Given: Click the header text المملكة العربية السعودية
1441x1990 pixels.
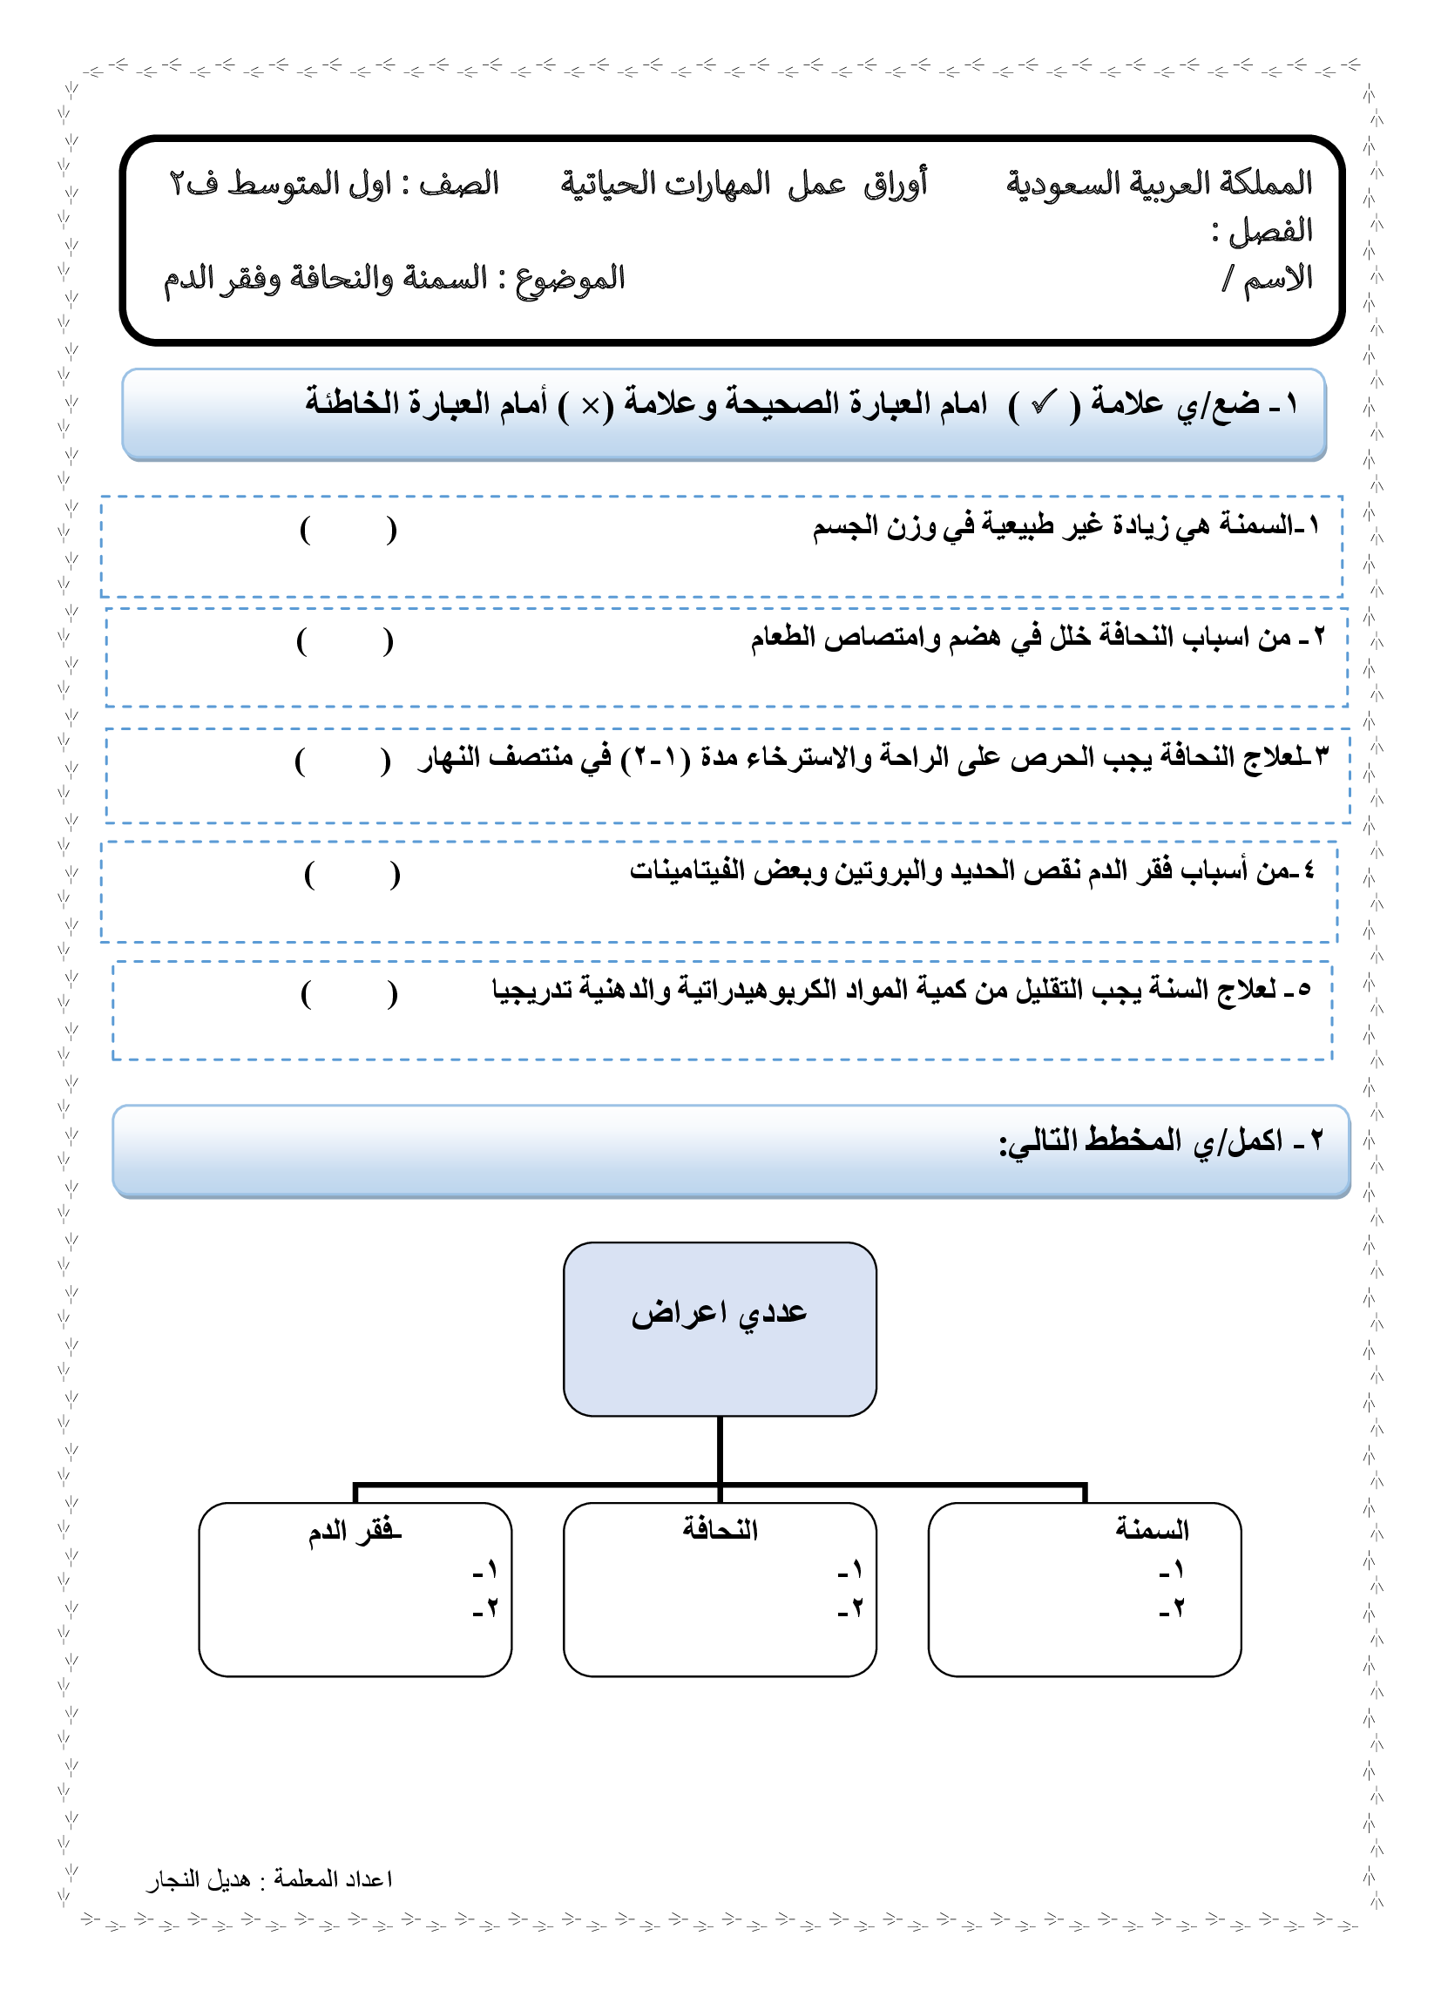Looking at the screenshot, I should point(1159,183).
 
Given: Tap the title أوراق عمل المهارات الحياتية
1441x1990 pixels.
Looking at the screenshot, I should point(744,184).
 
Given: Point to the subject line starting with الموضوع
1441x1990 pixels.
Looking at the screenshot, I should point(394,279).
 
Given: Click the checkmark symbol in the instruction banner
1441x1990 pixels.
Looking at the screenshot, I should point(1044,404).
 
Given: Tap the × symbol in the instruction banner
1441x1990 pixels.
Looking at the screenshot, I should point(591,405).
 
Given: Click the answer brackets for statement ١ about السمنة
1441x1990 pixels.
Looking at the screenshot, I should point(348,530).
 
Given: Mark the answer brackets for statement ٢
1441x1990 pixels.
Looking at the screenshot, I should point(345,642).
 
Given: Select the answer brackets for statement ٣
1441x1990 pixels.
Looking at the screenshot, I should point(343,761).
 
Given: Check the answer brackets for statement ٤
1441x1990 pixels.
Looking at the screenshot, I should point(352,875).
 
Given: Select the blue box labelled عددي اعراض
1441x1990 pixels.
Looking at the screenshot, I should point(720,1329).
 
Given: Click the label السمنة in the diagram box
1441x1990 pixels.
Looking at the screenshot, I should point(1153,1530).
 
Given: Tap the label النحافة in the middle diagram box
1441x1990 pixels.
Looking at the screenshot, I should point(720,1530).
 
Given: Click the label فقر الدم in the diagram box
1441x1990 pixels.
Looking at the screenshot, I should point(355,1532).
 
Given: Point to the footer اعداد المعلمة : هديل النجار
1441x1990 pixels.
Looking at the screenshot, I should point(269,1879).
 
